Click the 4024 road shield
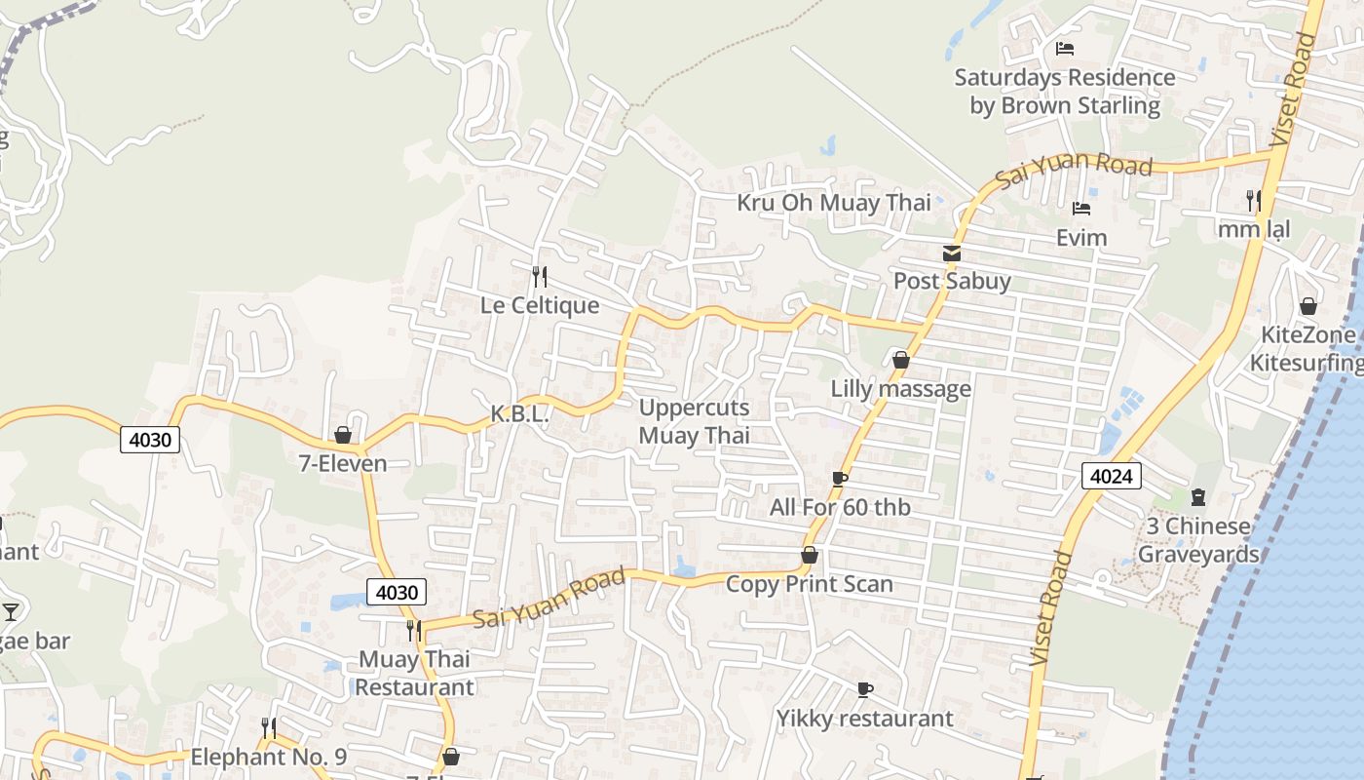coord(1111,476)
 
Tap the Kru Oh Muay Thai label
coord(833,203)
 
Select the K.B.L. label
coord(519,413)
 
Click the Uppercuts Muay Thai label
coord(694,421)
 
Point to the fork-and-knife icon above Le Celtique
coord(539,277)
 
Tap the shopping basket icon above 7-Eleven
coord(343,435)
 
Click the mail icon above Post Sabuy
coord(952,253)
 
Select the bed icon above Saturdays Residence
coord(1065,48)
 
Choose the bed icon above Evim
coord(1080,209)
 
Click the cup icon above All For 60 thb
coord(839,479)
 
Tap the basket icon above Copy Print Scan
coord(809,556)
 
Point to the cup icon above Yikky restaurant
coord(864,690)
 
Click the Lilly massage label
coord(900,389)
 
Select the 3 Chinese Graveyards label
coord(1197,540)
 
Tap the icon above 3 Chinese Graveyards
coord(1197,498)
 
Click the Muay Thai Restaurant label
coord(414,673)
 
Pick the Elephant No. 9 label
coord(268,757)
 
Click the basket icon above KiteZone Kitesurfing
coord(1307,307)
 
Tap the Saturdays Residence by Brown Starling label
coord(1065,91)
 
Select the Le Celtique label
coord(539,305)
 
